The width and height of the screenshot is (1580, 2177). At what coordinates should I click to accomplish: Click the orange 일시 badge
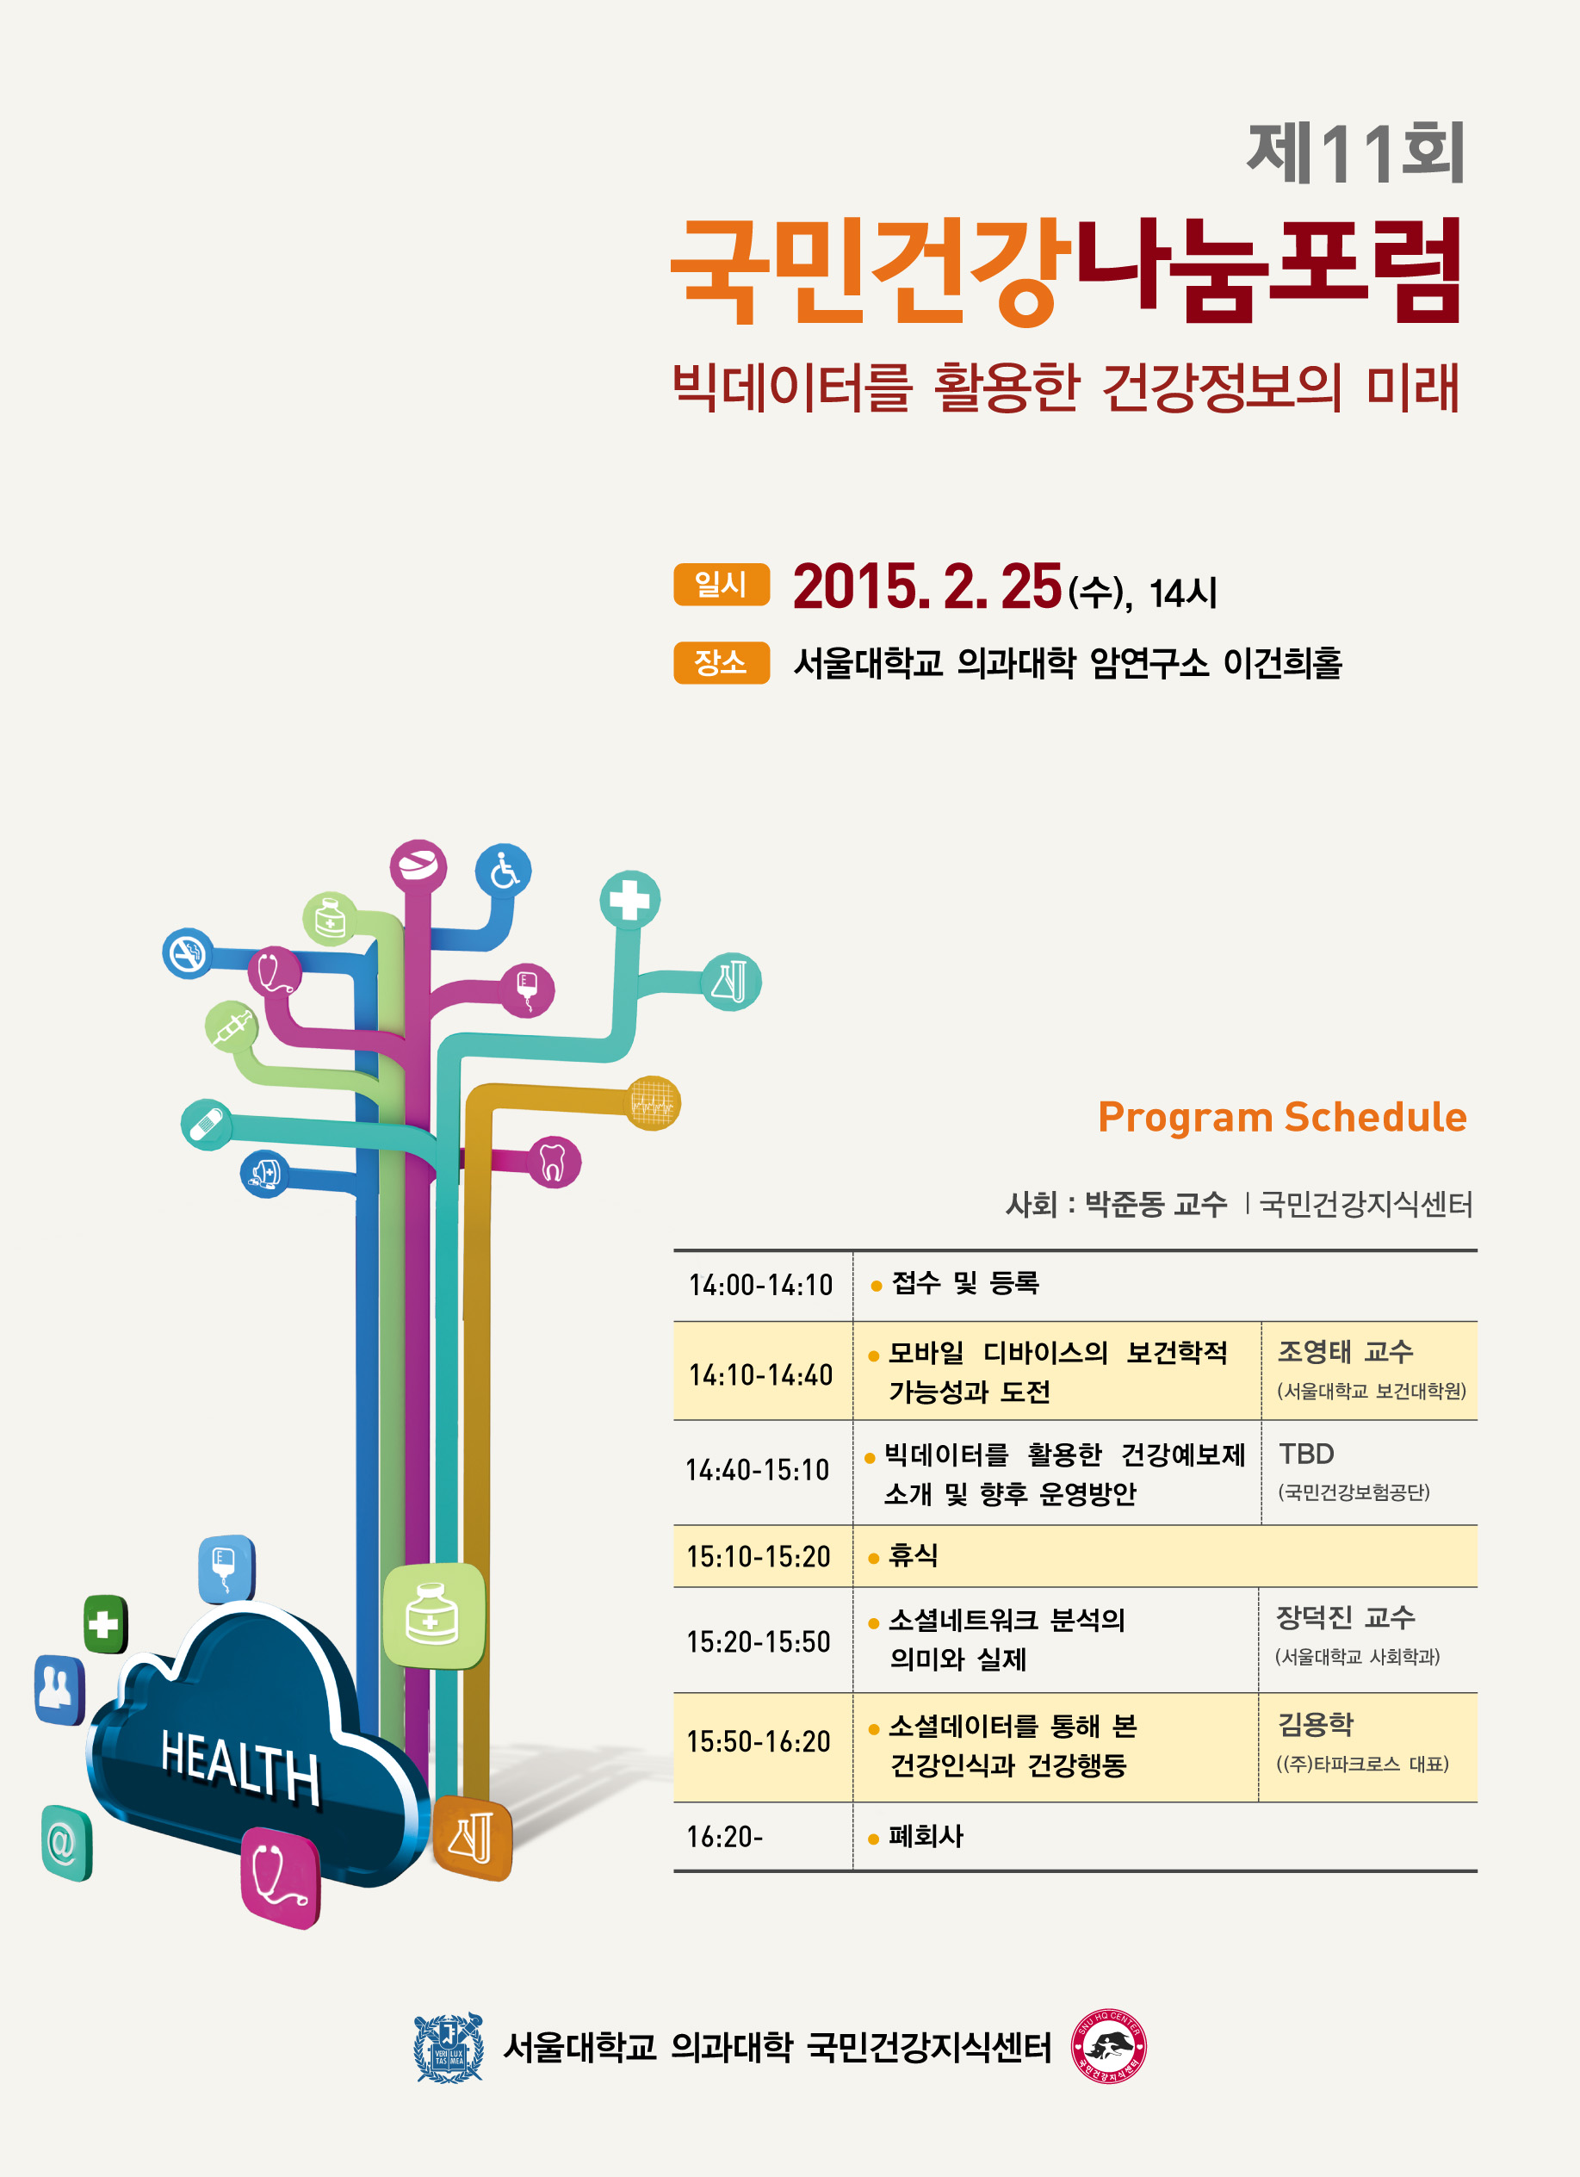tap(721, 584)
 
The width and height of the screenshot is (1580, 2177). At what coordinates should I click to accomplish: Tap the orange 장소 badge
tap(721, 662)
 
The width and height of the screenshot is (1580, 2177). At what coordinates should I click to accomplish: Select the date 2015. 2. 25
tap(927, 586)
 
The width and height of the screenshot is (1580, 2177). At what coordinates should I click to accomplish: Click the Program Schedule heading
tap(1281, 1117)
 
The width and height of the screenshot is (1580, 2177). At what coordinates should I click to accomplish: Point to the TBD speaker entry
tap(1306, 1454)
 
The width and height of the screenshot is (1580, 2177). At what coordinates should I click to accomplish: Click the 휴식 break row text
tap(913, 1555)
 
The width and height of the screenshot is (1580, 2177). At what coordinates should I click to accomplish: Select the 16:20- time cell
tap(725, 1836)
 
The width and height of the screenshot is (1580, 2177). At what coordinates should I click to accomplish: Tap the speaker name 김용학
tap(1315, 1723)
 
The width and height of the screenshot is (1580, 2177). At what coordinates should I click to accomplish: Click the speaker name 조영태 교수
tap(1345, 1351)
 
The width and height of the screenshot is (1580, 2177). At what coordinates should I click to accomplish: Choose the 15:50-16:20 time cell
tap(759, 1741)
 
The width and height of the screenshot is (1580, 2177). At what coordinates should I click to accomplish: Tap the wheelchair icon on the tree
tap(503, 871)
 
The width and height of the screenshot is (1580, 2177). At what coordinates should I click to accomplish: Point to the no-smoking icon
tap(189, 953)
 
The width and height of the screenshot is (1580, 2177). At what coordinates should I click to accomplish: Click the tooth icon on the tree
tap(553, 1162)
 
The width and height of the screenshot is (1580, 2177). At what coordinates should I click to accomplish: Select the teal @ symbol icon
tap(66, 1843)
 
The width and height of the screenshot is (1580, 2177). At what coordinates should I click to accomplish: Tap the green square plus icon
tap(105, 1624)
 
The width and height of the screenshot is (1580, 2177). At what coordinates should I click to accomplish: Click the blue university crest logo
tap(449, 2048)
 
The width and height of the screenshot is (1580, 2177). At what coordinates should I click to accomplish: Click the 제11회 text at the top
tap(1356, 153)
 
